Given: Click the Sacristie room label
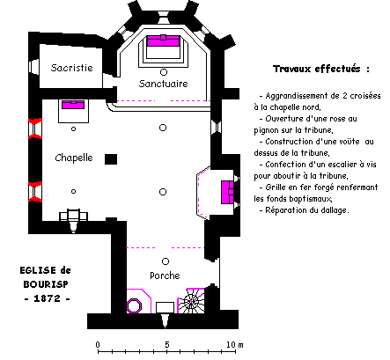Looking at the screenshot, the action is [x=72, y=68].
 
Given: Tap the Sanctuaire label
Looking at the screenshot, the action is [x=164, y=84].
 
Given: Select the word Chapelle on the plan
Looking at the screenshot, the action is [x=74, y=158].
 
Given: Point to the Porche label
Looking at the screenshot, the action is [x=165, y=276].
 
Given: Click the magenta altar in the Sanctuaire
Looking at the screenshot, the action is [x=163, y=40].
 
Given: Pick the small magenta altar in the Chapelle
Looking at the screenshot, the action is [x=73, y=105].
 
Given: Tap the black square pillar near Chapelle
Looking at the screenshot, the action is [x=111, y=159].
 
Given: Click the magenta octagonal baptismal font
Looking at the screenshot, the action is [x=134, y=306].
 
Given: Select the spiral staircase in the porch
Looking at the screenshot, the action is [x=191, y=301].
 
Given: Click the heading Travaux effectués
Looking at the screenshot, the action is [x=321, y=69].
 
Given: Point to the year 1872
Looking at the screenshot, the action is [x=47, y=298].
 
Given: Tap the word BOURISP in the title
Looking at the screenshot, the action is [x=46, y=284].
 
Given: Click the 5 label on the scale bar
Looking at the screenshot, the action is [x=166, y=344].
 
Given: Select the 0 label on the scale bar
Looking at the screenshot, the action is [x=98, y=344].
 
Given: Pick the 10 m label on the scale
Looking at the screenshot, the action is [x=235, y=344].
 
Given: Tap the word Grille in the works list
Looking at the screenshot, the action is [x=273, y=187].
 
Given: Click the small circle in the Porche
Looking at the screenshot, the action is [x=166, y=261].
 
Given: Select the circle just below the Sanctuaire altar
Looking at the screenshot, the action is [x=164, y=72].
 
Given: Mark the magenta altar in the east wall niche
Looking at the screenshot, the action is [x=227, y=192].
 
